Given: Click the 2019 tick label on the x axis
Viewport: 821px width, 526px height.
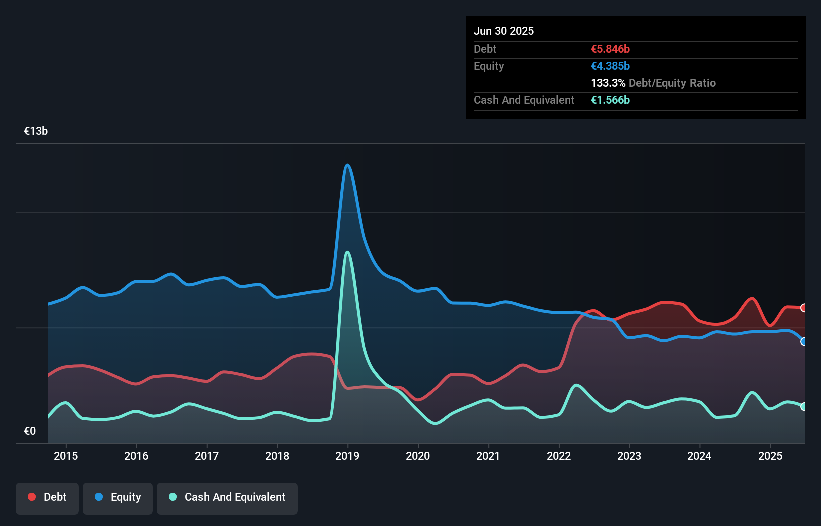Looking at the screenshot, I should (347, 456).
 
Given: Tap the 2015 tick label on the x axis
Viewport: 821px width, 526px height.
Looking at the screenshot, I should (66, 456).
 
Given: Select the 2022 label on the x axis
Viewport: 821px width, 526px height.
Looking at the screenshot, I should (558, 456).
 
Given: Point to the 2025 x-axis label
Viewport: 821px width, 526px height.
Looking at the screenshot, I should (770, 456).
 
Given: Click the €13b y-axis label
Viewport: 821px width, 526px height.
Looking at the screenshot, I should (36, 131).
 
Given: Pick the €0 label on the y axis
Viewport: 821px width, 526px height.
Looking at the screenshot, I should (30, 431).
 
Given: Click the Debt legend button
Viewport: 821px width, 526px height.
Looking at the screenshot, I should (47, 497).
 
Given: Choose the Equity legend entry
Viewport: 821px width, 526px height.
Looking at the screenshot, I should (118, 497).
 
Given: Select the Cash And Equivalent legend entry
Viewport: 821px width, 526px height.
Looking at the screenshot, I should (227, 497).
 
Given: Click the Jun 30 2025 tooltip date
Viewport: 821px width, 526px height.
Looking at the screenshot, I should (504, 31).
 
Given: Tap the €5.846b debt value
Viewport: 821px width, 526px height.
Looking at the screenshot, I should (610, 49).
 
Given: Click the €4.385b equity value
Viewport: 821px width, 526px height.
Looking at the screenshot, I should (610, 66).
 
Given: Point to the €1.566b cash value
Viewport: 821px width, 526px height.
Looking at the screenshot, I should (610, 100).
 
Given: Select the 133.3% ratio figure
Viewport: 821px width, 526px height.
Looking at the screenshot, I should (608, 83).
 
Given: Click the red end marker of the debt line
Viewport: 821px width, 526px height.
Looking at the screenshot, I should (804, 308).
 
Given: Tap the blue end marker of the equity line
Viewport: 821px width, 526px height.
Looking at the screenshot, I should (804, 342).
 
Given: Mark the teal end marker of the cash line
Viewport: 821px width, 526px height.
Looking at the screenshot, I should (804, 407).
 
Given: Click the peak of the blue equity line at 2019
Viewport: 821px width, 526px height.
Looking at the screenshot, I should (347, 165).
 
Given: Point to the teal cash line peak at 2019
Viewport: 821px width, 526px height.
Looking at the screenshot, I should (347, 252).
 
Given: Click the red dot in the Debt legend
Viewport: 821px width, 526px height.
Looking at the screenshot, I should (32, 497).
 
